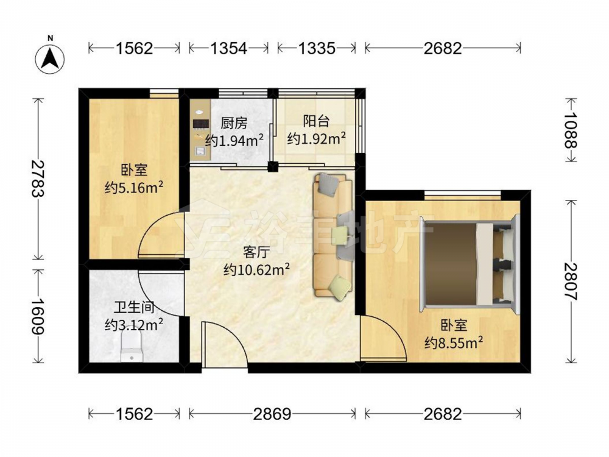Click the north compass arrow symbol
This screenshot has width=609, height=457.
pos(50,59)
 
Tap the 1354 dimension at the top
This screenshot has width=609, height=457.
pos(229,48)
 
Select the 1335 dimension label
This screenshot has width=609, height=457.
pos(317,48)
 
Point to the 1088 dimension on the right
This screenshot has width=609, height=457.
pos(571,130)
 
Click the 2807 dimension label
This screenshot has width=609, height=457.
pos(571,282)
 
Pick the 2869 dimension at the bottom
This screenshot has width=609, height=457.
pos(272,414)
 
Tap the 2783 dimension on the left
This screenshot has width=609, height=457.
pos(38,179)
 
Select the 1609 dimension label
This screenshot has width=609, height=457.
pos(38,316)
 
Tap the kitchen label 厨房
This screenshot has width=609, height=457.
pos(234,124)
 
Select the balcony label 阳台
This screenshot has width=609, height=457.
pos(317,121)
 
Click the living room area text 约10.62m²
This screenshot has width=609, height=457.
pos(257,269)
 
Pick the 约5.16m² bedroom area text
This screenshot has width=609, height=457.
pos(133,188)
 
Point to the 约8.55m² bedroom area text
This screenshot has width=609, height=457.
pos(454,342)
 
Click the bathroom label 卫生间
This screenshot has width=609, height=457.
pos(134,308)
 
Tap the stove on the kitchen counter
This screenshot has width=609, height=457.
pos(201,124)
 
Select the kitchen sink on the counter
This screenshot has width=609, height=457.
pos(200,151)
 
